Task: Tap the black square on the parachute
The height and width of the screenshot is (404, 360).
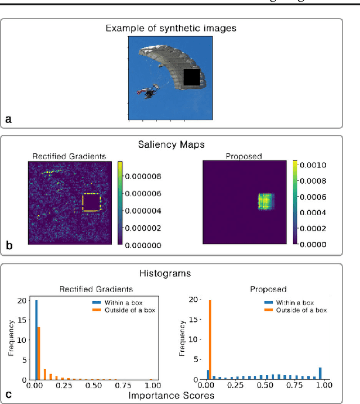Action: point(192,77)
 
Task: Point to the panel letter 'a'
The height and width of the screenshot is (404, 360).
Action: point(8,119)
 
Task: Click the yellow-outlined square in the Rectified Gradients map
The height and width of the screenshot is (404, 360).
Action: point(91,202)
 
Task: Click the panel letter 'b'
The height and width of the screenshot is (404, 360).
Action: point(8,246)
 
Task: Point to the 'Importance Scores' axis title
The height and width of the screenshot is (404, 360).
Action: point(179,396)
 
